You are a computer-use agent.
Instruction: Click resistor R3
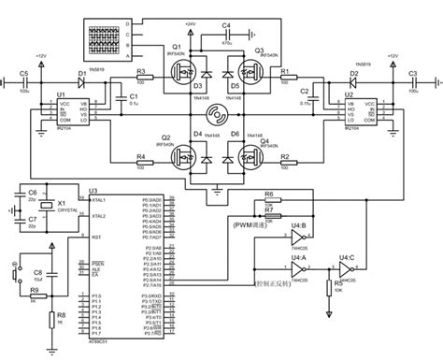[141, 81]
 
